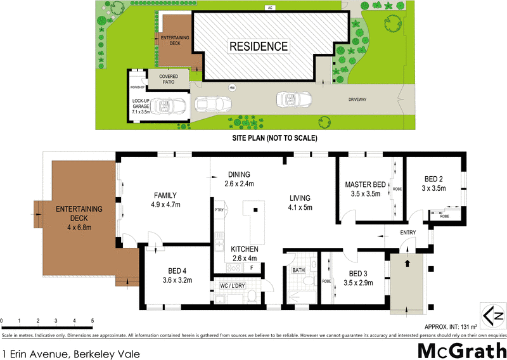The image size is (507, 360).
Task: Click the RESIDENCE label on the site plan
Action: click(258, 46)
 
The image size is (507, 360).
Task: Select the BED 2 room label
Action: click(434, 179)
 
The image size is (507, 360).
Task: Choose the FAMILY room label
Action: click(165, 195)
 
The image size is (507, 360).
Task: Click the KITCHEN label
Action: click(243, 248)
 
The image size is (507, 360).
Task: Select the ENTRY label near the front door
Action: click(407, 233)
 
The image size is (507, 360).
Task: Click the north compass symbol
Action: click(492, 315)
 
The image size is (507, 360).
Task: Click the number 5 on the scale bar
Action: click(93, 321)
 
